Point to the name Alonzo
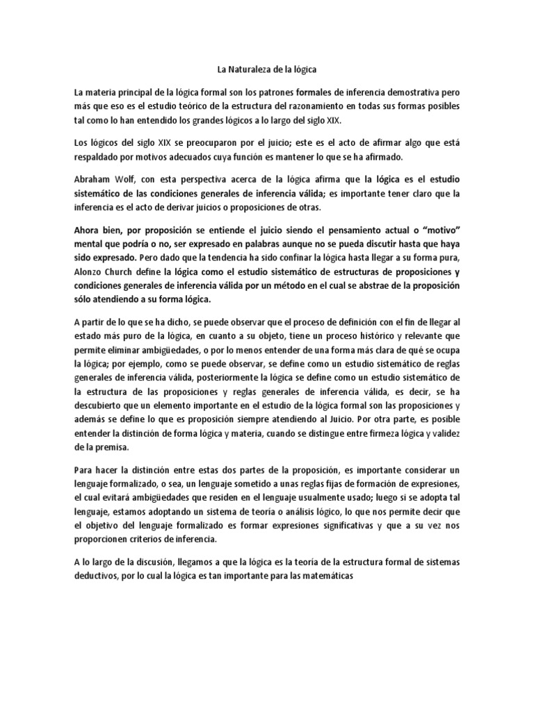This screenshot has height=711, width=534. (x=90, y=273)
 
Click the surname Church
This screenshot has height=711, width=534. (x=130, y=273)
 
